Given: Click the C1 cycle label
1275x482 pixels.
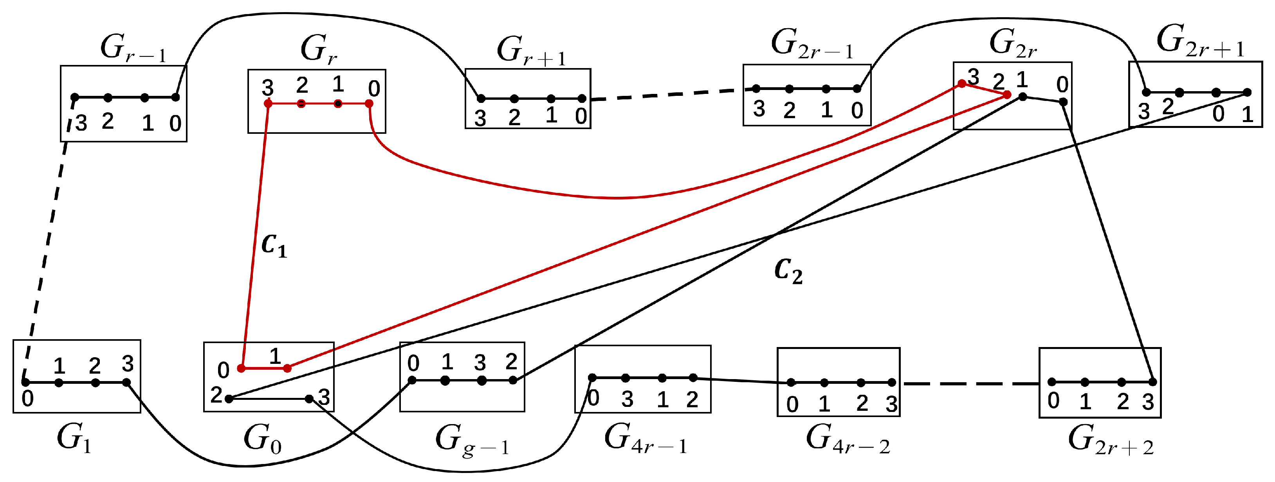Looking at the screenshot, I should tap(274, 245).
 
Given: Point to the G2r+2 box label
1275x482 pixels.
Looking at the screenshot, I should tap(1111, 439).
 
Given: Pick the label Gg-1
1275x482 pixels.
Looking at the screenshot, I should tap(472, 440).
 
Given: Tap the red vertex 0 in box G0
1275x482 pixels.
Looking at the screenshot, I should tap(241, 368).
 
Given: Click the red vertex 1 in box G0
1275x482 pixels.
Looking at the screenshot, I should tap(287, 368).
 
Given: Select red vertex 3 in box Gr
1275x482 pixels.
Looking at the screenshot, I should tap(268, 103).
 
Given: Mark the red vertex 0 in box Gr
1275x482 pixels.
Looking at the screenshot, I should tap(369, 103).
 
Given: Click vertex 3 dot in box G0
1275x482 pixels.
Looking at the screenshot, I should tap(309, 398).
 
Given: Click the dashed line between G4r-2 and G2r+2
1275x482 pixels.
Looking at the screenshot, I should tap(970, 383).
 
